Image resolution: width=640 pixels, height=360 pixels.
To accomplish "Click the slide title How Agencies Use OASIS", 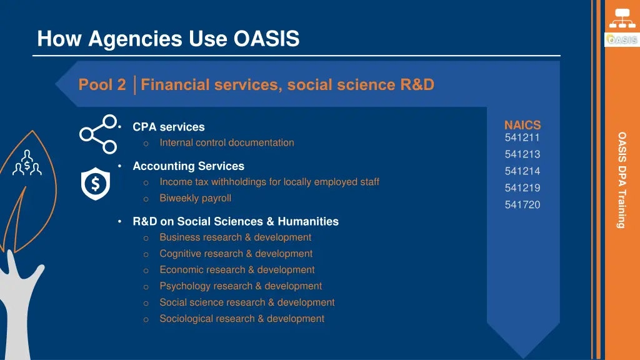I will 168,39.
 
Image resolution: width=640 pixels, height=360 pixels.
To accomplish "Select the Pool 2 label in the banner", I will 102,85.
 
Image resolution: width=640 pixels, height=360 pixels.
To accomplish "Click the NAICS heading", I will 522,126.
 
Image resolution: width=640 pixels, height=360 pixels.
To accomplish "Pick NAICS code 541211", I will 522,138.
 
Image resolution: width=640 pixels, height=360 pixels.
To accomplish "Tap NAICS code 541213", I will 522,154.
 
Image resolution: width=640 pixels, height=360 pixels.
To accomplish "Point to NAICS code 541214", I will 522,171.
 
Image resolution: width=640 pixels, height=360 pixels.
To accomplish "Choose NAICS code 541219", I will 522,188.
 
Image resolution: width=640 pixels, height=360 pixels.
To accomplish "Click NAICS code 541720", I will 522,205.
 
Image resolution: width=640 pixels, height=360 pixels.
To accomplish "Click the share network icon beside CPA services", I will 98,134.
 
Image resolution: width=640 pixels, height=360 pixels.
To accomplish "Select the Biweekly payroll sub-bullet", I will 195,198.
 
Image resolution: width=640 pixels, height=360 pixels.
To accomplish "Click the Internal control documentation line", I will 226,142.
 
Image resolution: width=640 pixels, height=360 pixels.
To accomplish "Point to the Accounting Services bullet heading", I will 188,166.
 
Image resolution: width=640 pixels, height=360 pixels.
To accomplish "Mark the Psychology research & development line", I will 241,286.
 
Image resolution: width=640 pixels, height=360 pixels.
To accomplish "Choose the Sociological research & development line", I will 241,319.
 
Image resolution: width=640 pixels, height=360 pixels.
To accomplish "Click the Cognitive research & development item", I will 236,254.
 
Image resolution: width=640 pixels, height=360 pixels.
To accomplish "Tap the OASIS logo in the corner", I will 621,39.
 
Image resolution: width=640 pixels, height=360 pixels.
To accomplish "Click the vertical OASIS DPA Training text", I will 621,180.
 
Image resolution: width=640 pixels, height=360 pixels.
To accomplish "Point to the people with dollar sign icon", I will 27,163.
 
